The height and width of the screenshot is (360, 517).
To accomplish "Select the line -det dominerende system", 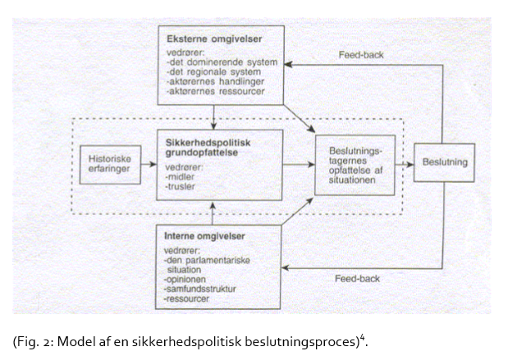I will (x=222, y=62).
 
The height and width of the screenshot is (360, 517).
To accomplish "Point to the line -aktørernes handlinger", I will (x=215, y=83).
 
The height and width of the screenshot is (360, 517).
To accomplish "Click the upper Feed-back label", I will (x=361, y=56).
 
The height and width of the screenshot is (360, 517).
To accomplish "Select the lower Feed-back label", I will (x=356, y=279).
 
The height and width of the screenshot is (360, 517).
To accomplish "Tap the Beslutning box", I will (x=444, y=162).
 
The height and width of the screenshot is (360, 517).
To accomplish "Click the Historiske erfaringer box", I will (x=105, y=162).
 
